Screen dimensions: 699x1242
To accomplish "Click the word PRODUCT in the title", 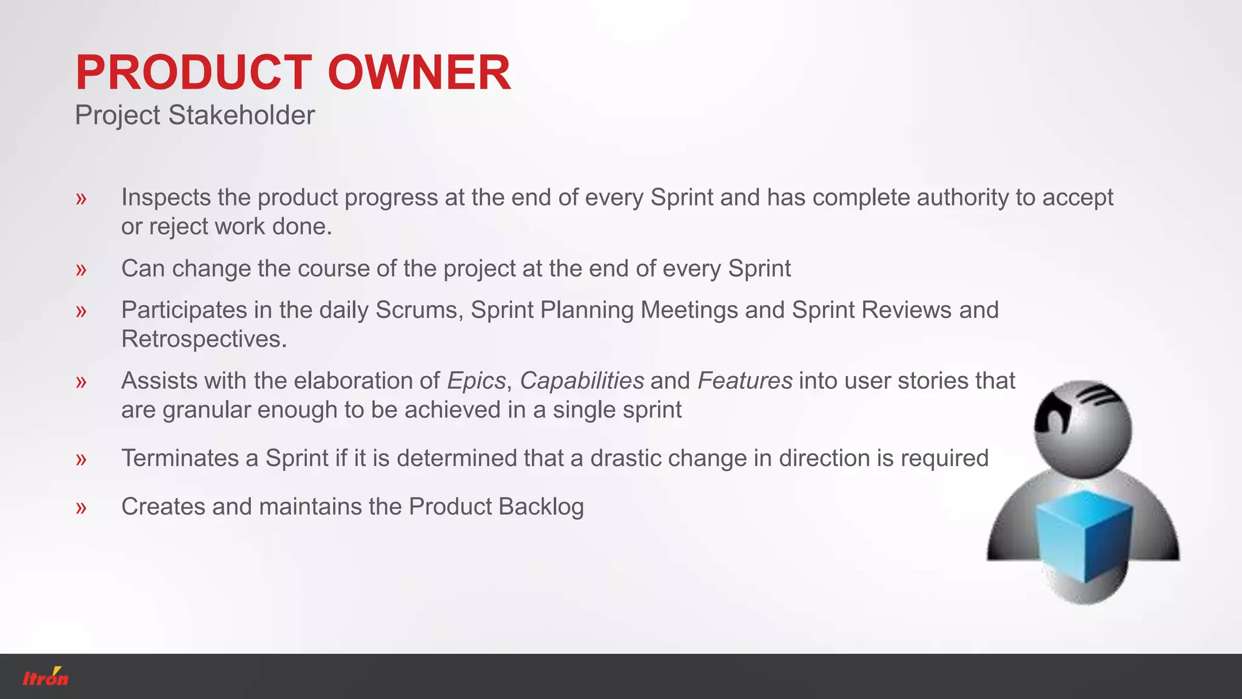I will pos(193,73).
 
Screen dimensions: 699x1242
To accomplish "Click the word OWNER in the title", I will pos(419,73).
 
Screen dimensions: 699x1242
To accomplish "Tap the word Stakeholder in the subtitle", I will pos(241,115).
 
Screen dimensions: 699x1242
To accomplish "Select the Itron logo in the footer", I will pos(45,677).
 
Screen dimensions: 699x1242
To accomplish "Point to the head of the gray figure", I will pos(1083,428).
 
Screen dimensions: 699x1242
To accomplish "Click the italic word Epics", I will pos(476,381).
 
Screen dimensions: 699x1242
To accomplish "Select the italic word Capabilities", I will pos(582,381).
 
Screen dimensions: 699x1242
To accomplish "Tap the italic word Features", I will pos(745,381).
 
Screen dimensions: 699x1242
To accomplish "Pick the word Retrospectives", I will pos(204,339).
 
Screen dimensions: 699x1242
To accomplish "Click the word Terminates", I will pos(180,458).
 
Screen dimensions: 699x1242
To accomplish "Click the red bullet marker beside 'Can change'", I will pos(81,269).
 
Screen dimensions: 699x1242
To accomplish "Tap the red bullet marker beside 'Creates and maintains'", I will pos(81,508).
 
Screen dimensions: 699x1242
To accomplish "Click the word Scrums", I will pos(420,310).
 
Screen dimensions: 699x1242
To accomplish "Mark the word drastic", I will pos(625,458).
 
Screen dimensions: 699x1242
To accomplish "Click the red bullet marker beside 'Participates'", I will pos(81,311).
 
